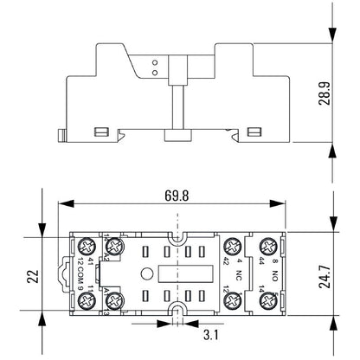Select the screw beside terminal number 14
(267, 300)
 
